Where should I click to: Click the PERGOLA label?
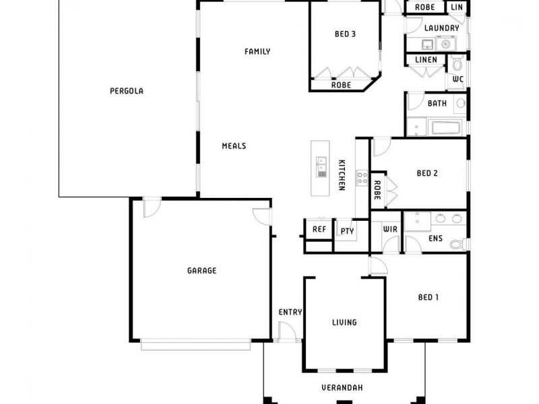click(x=127, y=91)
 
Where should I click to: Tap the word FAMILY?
click(x=257, y=51)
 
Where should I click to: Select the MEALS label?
click(x=234, y=145)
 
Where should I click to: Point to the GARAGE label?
click(x=201, y=271)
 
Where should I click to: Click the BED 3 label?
click(x=345, y=34)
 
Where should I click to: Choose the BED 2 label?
click(x=427, y=173)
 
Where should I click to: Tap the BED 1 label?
click(x=429, y=297)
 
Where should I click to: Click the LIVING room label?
click(x=344, y=323)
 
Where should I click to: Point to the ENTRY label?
click(x=290, y=312)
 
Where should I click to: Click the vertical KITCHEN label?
click(x=342, y=175)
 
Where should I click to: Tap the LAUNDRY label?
click(x=442, y=28)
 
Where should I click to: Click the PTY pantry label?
click(x=347, y=231)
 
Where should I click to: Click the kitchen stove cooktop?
click(x=362, y=178)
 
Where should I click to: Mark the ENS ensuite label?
click(x=435, y=238)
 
